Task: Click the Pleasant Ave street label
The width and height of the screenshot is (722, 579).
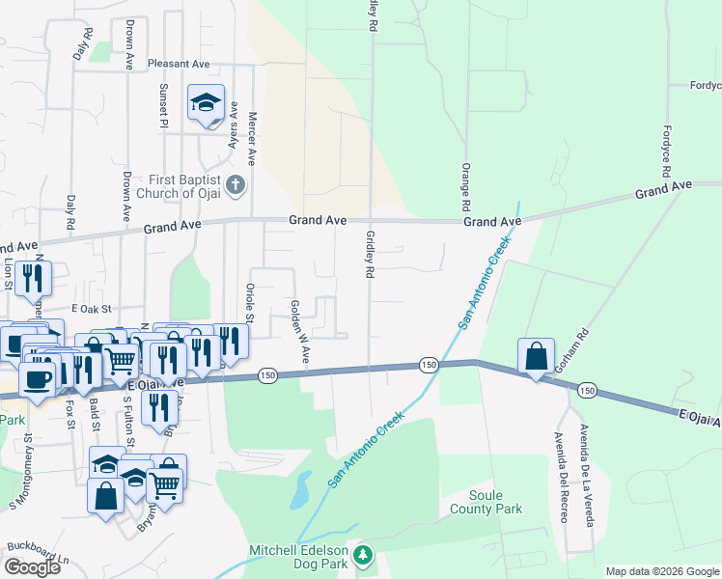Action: pyautogui.click(x=179, y=64)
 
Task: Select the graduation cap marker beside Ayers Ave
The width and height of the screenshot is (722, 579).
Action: pyautogui.click(x=206, y=103)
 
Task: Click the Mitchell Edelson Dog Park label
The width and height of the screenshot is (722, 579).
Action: pyautogui.click(x=299, y=551)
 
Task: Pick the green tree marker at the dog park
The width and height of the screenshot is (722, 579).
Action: pyautogui.click(x=363, y=554)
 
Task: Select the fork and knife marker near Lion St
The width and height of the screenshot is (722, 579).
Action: pyautogui.click(x=34, y=278)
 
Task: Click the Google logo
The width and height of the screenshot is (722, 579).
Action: pyautogui.click(x=32, y=567)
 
